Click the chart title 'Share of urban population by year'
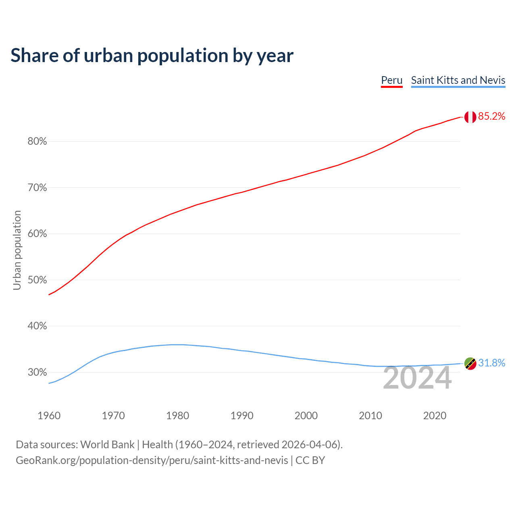pos(152,56)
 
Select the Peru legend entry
pos(392,80)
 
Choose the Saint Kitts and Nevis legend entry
pos(458,80)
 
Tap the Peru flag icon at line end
pos(470,117)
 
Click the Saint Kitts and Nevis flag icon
pos(470,363)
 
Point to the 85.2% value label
pos(492,117)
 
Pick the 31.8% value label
pos(492,363)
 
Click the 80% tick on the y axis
pos(37,141)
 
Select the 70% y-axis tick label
pos(37,188)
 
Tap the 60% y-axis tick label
pos(37,234)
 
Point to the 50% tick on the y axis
pos(37,280)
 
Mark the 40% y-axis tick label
pos(37,326)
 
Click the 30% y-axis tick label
pos(37,372)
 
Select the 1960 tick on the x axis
pos(49,416)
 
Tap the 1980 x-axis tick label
pos(178,416)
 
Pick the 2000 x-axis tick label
pos(306,416)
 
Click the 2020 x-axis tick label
pos(435,416)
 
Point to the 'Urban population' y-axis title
pos(17,250)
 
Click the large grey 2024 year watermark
pos(417,378)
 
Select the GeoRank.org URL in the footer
pos(152,460)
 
